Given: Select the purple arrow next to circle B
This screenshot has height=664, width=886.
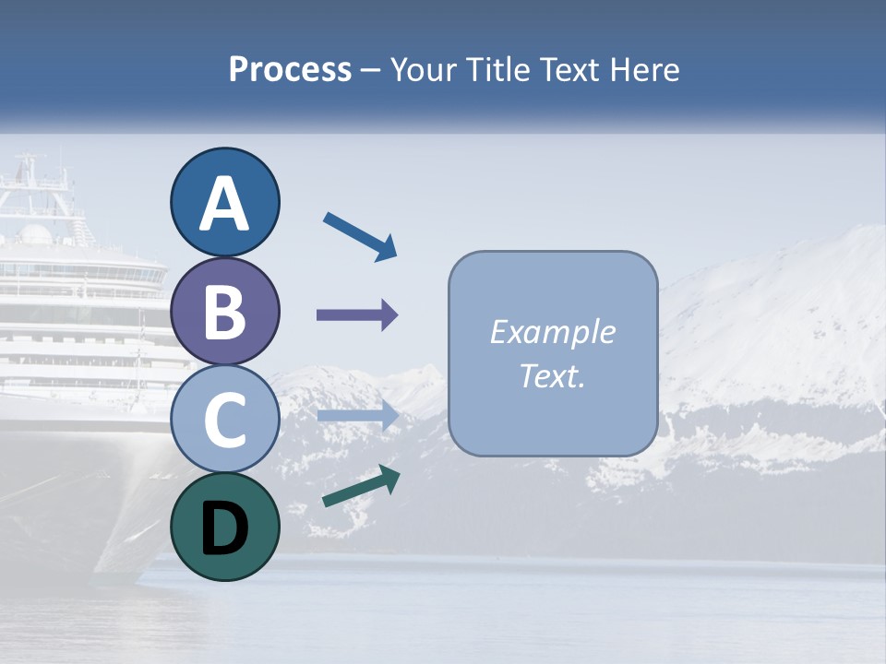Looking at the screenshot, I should click(357, 315).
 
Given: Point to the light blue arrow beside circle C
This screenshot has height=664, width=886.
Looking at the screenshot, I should click(357, 416).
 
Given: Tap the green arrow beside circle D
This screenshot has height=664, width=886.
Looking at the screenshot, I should click(361, 486).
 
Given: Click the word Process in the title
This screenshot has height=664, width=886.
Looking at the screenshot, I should click(290, 70).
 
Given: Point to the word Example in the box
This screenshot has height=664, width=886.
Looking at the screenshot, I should click(552, 332).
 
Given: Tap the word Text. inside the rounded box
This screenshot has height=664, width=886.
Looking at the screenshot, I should click(552, 375).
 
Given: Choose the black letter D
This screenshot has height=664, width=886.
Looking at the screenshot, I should click(224, 528).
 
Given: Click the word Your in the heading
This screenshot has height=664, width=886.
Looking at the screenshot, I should click(425, 70).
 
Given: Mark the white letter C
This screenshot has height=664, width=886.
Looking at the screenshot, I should click(224, 421).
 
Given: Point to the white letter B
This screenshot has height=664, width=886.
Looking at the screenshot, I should click(224, 312).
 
